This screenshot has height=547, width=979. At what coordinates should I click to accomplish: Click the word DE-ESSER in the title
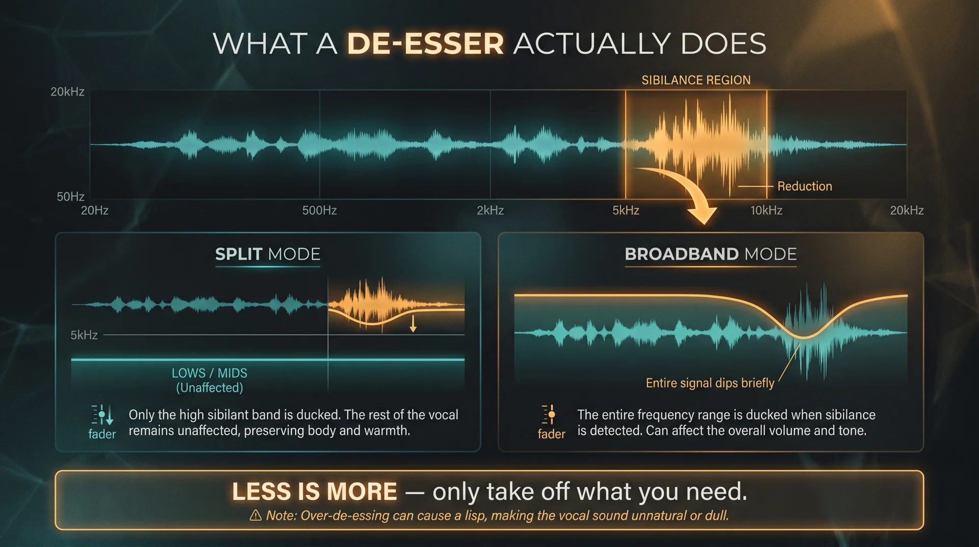coord(425,43)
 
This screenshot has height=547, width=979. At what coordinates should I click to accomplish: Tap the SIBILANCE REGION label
coord(696,80)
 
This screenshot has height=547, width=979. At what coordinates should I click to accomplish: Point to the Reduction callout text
coord(805,186)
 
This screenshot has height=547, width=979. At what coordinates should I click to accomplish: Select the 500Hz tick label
coord(319,210)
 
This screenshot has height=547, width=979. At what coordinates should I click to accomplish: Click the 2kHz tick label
coord(490,210)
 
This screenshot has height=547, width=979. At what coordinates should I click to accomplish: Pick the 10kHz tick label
coord(766,210)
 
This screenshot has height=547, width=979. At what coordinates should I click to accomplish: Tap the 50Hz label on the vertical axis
coord(70,196)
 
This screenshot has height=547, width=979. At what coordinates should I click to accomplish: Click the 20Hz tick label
coord(95,210)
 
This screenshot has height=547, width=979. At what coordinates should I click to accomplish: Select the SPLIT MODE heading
coord(268,254)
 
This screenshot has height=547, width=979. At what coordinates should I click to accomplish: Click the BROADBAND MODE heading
coord(711,254)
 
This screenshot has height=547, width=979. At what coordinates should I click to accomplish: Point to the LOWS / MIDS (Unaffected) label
coord(210,380)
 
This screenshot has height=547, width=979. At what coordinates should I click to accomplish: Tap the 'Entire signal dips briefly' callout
coord(710,383)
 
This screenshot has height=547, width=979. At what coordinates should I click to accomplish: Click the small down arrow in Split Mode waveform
coord(413,324)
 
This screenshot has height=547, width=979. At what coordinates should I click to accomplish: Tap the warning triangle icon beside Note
coord(255,515)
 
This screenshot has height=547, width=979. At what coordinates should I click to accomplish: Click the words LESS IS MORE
coord(315,491)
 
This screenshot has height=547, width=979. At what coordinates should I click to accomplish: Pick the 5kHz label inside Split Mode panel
coord(84,335)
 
